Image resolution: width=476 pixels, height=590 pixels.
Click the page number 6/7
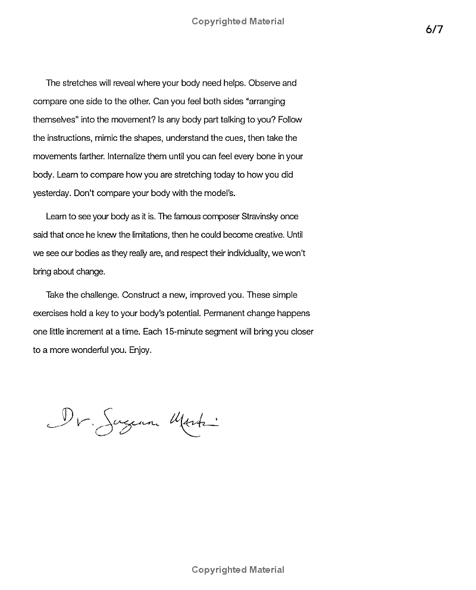pos(434,30)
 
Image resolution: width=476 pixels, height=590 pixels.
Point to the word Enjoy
pos(140,350)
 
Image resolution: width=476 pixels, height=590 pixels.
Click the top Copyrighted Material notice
pos(238,21)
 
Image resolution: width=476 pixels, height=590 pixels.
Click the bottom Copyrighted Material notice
pos(238,570)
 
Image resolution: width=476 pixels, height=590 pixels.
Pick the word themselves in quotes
pos(55,119)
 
